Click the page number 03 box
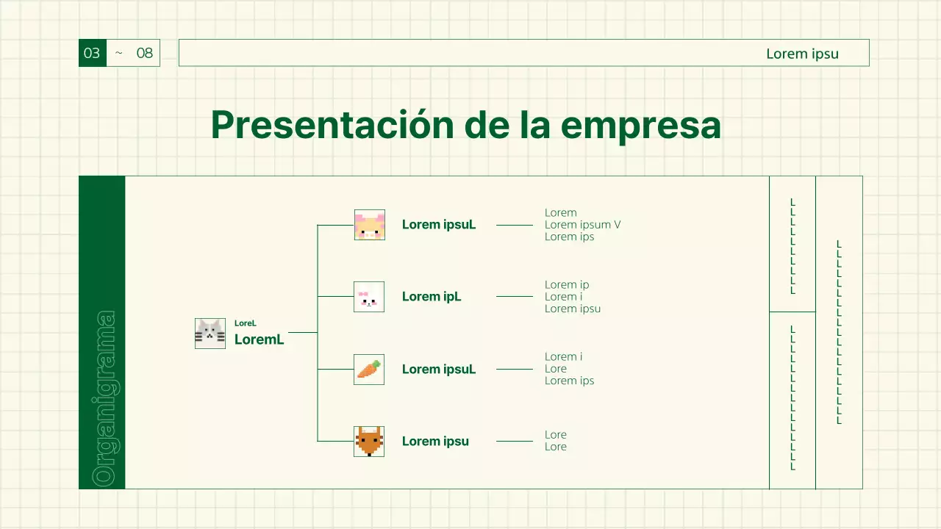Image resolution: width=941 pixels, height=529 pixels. point(92,53)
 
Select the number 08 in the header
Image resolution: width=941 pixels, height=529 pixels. point(145,53)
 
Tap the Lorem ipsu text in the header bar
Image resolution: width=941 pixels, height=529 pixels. point(802,54)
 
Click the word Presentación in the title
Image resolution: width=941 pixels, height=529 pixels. point(332,125)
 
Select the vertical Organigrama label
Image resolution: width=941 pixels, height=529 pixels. point(102,398)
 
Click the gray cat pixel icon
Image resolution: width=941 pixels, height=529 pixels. point(210,334)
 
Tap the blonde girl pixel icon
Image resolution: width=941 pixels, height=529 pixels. point(369,225)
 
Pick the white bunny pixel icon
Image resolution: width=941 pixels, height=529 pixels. point(369,297)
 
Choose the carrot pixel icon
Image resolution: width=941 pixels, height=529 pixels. point(369,369)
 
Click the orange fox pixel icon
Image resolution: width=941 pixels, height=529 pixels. point(369,441)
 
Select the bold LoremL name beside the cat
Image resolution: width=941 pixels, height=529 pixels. point(259,339)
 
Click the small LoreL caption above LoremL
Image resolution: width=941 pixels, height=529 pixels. point(246,323)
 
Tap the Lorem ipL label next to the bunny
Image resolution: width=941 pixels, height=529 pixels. point(432,297)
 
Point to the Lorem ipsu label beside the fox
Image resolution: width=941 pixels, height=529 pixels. point(435,442)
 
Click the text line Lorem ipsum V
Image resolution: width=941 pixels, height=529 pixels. point(582,225)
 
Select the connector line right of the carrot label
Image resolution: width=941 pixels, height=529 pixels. point(514,369)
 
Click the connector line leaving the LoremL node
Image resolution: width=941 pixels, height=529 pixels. point(302,333)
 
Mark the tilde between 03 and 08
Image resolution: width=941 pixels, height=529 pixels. point(119,54)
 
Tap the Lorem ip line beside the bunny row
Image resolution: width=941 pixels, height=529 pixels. point(567,285)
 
